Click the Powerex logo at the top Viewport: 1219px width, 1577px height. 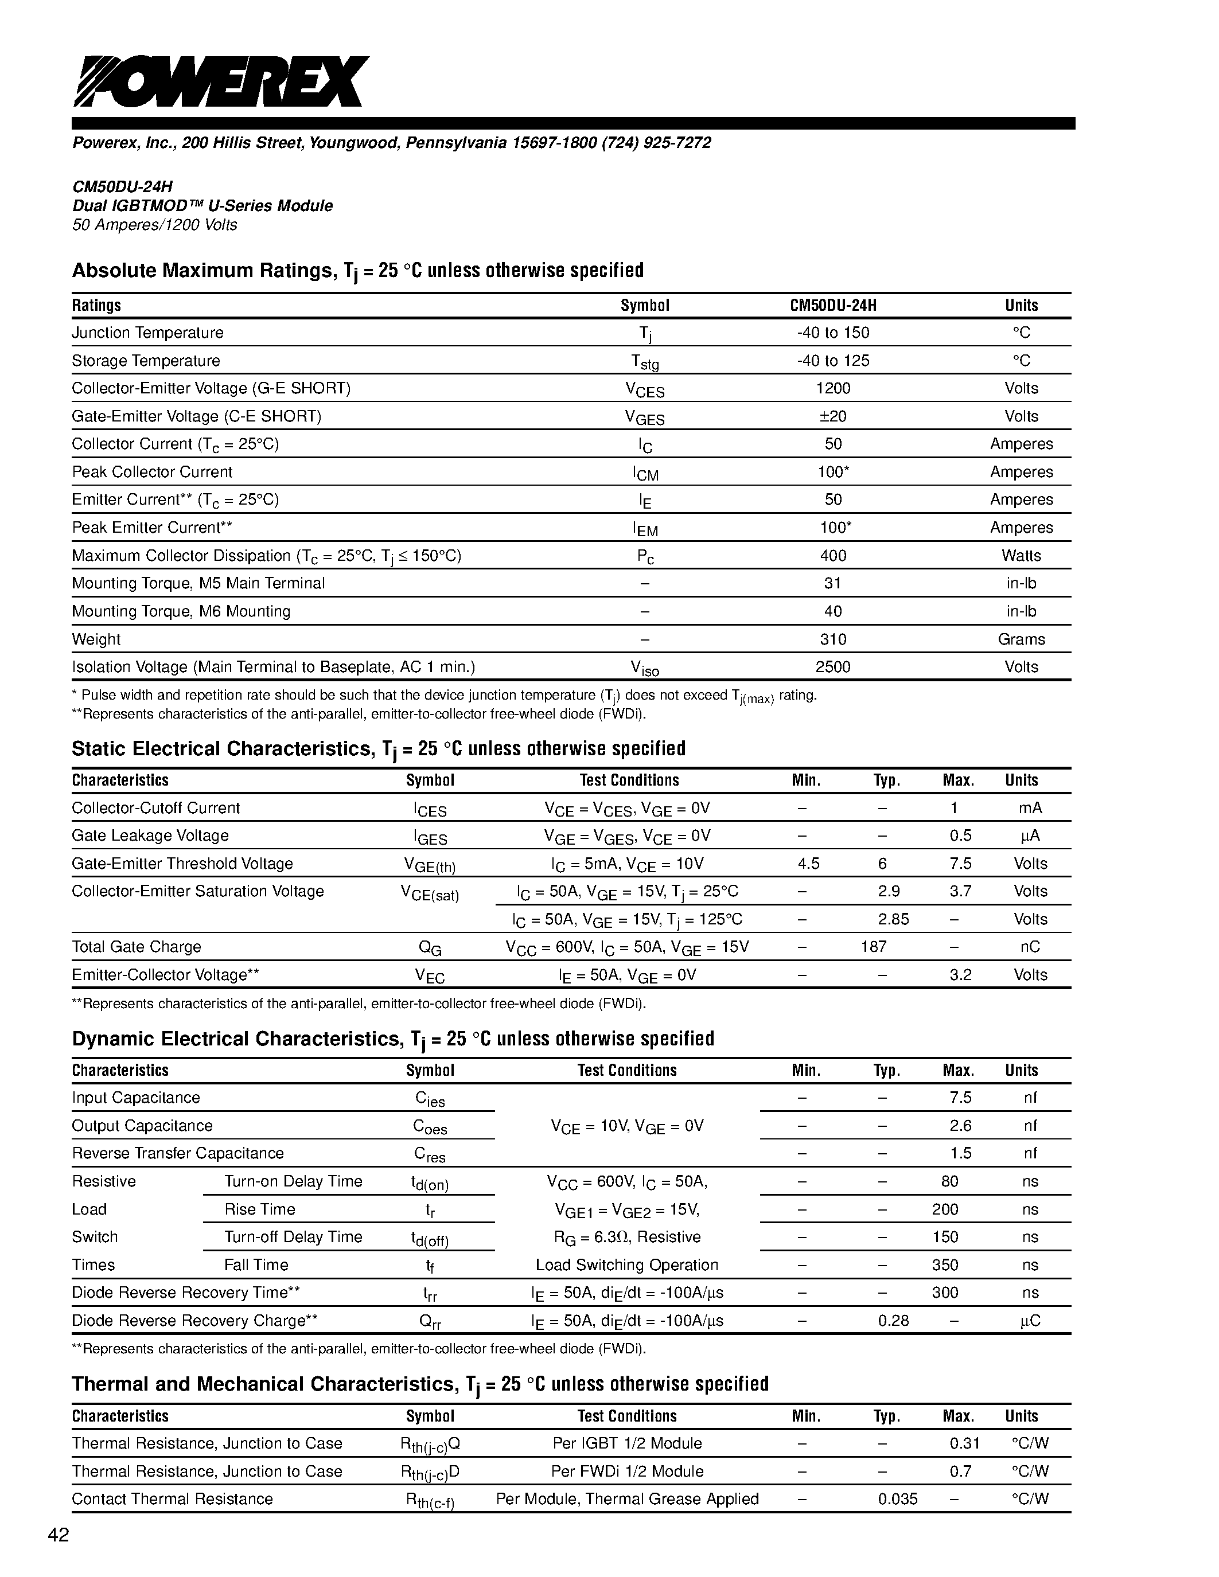tap(220, 81)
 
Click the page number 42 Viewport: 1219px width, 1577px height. tap(59, 1536)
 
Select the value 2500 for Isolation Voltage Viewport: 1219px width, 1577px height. tap(832, 667)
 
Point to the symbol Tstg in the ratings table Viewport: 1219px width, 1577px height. tap(645, 362)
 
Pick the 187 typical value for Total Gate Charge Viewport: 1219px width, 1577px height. tap(874, 947)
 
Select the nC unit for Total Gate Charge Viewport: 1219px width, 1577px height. tap(1030, 947)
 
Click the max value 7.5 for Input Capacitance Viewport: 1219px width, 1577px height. tap(960, 1098)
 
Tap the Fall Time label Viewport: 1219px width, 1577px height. tap(256, 1265)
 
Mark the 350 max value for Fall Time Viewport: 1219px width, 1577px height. tap(945, 1265)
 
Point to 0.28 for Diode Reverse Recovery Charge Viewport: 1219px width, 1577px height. tap(893, 1321)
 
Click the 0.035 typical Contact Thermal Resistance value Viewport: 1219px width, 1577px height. tap(898, 1499)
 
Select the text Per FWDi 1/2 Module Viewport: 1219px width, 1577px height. tap(627, 1471)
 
